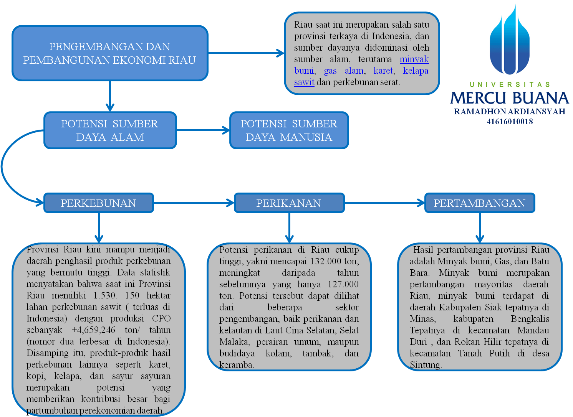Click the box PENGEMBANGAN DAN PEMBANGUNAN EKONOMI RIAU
[110, 53]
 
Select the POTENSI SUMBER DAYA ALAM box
[110, 130]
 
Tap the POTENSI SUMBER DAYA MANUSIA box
[289, 130]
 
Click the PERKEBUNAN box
[98, 203]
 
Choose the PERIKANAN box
[289, 203]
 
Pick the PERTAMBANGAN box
[479, 203]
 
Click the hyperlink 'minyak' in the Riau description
[414, 59]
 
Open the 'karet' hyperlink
[383, 71]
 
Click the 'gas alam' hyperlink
[344, 71]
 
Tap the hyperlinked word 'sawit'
[304, 82]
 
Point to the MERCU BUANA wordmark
[510, 98]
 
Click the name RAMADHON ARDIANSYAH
[510, 112]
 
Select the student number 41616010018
[510, 122]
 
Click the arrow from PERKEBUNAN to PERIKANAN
[194, 203]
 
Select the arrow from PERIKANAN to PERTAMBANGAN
[384, 203]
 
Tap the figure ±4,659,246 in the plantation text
[93, 330]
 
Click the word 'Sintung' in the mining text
[425, 365]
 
